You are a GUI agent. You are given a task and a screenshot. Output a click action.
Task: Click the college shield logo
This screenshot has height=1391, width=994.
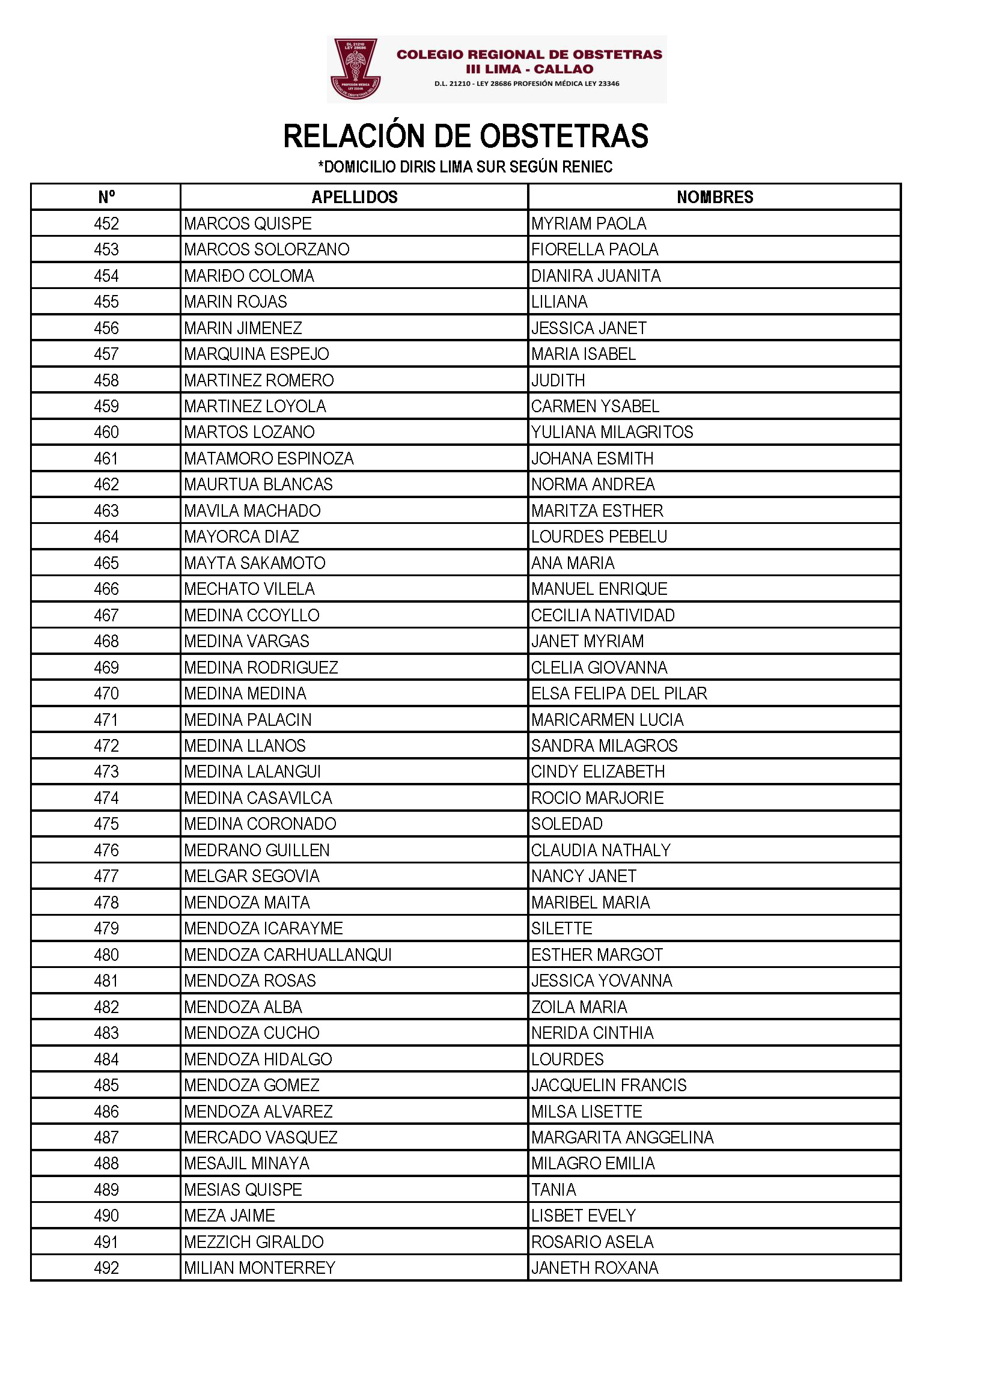click(356, 68)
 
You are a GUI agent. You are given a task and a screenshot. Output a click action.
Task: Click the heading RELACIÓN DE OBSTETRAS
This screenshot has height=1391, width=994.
click(465, 136)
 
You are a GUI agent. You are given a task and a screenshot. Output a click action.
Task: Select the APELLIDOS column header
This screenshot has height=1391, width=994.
click(355, 197)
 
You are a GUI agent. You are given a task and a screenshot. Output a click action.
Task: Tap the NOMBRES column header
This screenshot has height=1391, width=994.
click(715, 197)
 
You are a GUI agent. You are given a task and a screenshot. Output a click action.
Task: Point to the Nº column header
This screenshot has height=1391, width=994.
click(106, 197)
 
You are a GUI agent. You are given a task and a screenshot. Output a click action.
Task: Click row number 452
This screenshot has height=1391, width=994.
click(106, 224)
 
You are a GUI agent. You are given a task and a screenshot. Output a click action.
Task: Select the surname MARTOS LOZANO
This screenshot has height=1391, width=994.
click(249, 432)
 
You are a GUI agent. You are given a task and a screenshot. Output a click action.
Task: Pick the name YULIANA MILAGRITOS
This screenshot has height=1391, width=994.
click(611, 432)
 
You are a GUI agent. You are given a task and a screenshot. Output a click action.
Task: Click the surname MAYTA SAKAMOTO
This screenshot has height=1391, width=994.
click(255, 563)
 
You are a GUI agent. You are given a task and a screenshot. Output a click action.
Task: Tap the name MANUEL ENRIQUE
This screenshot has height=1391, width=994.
click(599, 589)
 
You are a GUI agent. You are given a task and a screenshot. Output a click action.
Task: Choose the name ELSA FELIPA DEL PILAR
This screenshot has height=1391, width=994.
click(619, 693)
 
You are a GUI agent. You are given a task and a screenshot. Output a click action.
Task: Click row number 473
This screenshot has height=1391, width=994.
click(106, 772)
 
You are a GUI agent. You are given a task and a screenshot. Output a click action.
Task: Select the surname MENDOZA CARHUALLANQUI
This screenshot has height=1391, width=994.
click(288, 955)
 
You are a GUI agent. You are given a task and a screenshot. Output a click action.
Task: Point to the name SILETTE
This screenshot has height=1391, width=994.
click(561, 928)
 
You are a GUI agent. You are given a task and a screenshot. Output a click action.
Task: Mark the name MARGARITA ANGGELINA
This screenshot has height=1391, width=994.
click(622, 1137)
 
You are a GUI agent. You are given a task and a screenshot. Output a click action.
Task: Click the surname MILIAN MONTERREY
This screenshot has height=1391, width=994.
click(260, 1267)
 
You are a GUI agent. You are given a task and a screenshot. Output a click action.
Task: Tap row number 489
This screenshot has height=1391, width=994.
click(106, 1190)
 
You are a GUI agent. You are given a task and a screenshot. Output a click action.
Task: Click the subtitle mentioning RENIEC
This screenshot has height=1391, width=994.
click(465, 166)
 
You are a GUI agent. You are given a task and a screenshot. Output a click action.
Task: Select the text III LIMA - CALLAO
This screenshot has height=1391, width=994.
click(529, 69)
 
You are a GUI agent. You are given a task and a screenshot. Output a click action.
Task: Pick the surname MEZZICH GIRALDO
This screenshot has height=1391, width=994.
click(254, 1241)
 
